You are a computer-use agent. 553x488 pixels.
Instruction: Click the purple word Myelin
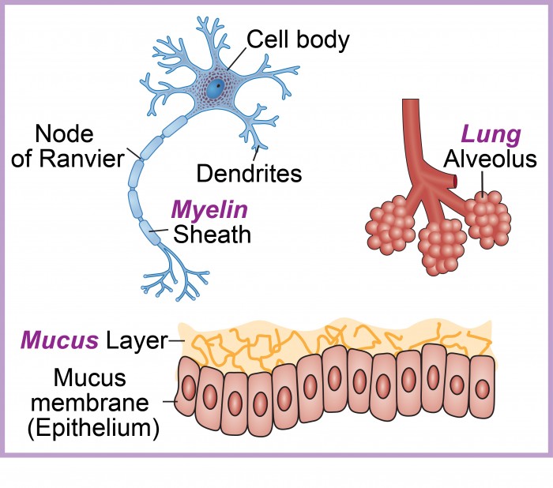(x=210, y=210)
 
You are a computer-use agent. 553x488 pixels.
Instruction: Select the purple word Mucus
(x=59, y=340)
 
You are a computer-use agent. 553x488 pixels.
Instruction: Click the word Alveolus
(x=490, y=160)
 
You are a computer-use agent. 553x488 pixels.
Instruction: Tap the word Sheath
(x=212, y=235)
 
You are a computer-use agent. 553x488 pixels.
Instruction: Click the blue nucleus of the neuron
(x=213, y=90)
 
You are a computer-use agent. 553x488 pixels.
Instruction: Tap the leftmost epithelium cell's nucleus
(x=188, y=388)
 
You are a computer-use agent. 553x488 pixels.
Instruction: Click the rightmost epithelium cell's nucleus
(x=482, y=388)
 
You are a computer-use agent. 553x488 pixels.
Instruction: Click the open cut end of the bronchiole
(x=457, y=182)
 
